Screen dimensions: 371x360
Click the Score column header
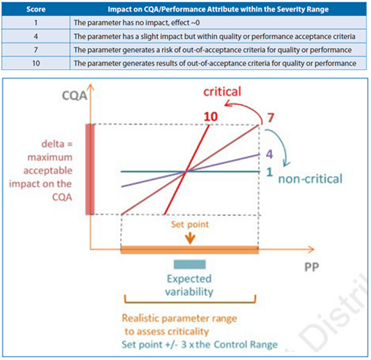pyautogui.click(x=36, y=9)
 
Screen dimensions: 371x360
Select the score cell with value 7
pyautogui.click(x=36, y=50)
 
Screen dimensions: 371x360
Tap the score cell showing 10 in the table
pyautogui.click(x=36, y=63)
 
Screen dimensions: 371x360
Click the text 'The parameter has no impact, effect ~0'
pyautogui.click(x=136, y=23)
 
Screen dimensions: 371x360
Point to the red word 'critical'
pyautogui.click(x=222, y=91)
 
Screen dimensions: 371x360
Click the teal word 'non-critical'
pyautogui.click(x=310, y=179)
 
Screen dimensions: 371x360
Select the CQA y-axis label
pyautogui.click(x=74, y=96)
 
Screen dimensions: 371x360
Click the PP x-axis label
pyautogui.click(x=312, y=267)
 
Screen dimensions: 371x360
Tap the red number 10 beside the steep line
pyautogui.click(x=210, y=117)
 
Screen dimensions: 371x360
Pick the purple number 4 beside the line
pyautogui.click(x=269, y=154)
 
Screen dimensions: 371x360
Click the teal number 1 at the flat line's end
pyautogui.click(x=270, y=172)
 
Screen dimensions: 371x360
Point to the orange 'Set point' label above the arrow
pyautogui.click(x=190, y=224)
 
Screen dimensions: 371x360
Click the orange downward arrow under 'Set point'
pyautogui.click(x=190, y=239)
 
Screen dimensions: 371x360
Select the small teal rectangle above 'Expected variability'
pyautogui.click(x=190, y=264)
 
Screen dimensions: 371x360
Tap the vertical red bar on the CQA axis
pyautogui.click(x=90, y=169)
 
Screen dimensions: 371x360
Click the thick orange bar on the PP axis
pyautogui.click(x=190, y=250)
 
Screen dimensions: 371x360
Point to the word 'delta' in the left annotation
pyautogui.click(x=53, y=144)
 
